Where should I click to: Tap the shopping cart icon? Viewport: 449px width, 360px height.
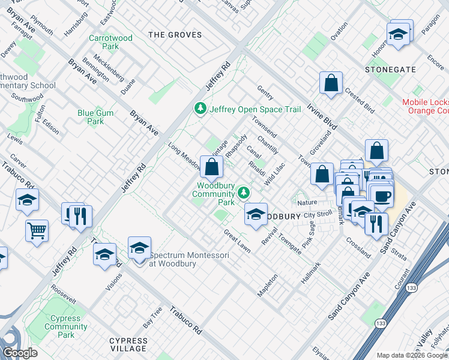pos(37,229)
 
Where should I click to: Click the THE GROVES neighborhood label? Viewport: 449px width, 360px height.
pos(175,35)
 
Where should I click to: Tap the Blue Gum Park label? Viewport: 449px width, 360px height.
pos(91,117)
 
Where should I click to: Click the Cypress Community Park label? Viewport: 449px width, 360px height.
pos(66,323)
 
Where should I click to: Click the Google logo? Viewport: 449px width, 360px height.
pos(20,353)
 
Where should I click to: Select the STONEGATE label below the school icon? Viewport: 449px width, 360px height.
pos(390,70)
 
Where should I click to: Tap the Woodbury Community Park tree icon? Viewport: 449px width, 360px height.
pos(243,193)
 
